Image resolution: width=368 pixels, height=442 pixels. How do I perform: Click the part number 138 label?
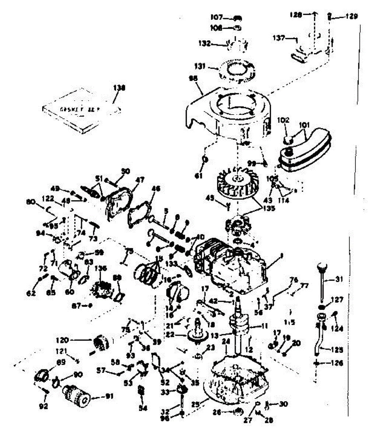(119, 88)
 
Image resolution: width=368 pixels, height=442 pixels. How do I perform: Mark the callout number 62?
(31, 294)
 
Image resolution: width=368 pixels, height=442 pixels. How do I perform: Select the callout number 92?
(43, 406)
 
